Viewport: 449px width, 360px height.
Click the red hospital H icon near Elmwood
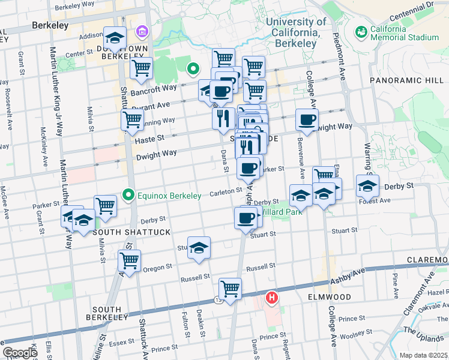pyautogui.click(x=272, y=297)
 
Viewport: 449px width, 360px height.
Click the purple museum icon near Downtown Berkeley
pyautogui.click(x=142, y=31)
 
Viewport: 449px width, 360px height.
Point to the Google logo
pyautogui.click(x=19, y=353)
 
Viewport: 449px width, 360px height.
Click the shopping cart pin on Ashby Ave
pyautogui.click(x=230, y=288)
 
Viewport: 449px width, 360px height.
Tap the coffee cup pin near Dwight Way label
pyautogui.click(x=307, y=119)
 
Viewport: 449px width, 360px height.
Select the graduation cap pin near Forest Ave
pyautogui.click(x=367, y=186)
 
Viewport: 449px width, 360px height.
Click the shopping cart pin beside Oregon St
pyautogui.click(x=130, y=260)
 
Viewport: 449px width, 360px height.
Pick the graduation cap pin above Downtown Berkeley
pyautogui.click(x=115, y=38)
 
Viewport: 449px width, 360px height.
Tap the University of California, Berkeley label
pyautogui.click(x=296, y=32)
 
